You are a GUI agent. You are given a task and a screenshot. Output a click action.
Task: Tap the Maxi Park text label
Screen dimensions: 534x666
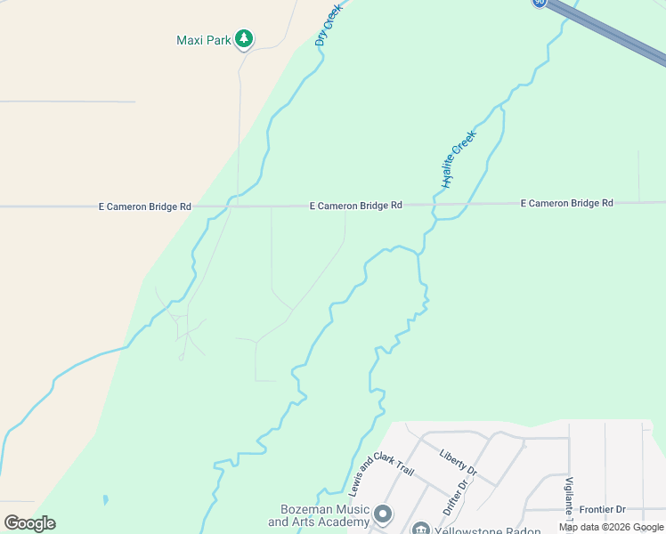203,40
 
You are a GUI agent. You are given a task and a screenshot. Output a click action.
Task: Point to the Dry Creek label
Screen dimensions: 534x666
329,24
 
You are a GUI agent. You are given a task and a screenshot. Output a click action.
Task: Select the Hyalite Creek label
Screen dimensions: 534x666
459,158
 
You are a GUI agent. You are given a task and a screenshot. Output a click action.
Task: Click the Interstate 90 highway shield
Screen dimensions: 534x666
540,3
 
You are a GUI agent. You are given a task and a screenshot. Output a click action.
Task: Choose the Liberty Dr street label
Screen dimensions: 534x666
459,461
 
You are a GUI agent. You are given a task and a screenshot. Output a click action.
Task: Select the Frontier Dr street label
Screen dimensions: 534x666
603,510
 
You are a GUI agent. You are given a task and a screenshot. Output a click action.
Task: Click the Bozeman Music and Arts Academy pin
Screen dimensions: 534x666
384,514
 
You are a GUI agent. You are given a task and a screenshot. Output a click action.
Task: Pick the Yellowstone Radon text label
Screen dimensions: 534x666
489,530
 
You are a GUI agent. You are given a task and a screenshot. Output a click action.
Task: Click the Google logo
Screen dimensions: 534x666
30,523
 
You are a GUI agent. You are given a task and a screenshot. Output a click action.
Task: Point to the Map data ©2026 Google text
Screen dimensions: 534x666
611,527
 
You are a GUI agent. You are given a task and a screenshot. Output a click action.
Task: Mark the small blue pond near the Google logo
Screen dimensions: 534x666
106,500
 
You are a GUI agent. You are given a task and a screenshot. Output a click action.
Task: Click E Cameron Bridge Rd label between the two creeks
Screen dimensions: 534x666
356,206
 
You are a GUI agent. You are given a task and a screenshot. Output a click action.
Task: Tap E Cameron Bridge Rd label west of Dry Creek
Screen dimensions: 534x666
144,206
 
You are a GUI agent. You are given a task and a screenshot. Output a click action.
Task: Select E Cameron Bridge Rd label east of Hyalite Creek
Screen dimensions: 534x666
567,204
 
